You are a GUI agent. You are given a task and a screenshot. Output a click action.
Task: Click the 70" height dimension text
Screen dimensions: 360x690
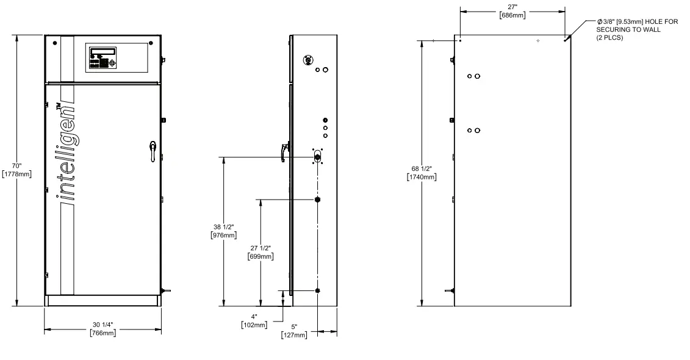tap(16, 165)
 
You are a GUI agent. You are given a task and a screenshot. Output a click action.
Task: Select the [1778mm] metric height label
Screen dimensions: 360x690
tap(18, 174)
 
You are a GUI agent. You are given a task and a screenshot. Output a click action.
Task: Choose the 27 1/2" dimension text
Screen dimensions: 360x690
tap(261, 248)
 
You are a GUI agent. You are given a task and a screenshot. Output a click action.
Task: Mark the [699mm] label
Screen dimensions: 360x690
tap(261, 256)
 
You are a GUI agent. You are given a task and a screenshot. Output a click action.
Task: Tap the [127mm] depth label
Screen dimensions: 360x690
tap(293, 336)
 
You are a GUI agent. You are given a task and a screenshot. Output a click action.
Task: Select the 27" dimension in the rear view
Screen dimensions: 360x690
tap(512, 6)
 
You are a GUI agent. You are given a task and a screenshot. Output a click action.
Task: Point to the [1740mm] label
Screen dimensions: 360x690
tap(422, 177)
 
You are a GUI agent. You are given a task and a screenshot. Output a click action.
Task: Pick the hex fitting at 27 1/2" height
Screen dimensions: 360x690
tap(317, 200)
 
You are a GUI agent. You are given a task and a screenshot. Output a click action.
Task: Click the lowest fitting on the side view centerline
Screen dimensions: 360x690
tap(317, 290)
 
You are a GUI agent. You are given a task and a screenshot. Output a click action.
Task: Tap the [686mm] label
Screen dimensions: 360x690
tap(512, 15)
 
